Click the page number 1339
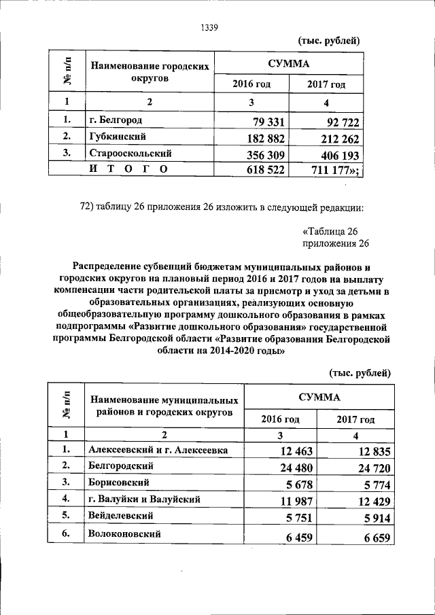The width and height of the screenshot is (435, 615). pos(209,28)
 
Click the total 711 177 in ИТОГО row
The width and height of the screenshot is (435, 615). pos(334,170)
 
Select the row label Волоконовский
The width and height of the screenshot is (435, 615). pos(124,534)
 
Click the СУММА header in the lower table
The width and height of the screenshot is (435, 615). pos(319,396)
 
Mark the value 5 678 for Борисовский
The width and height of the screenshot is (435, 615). pos(302,485)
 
